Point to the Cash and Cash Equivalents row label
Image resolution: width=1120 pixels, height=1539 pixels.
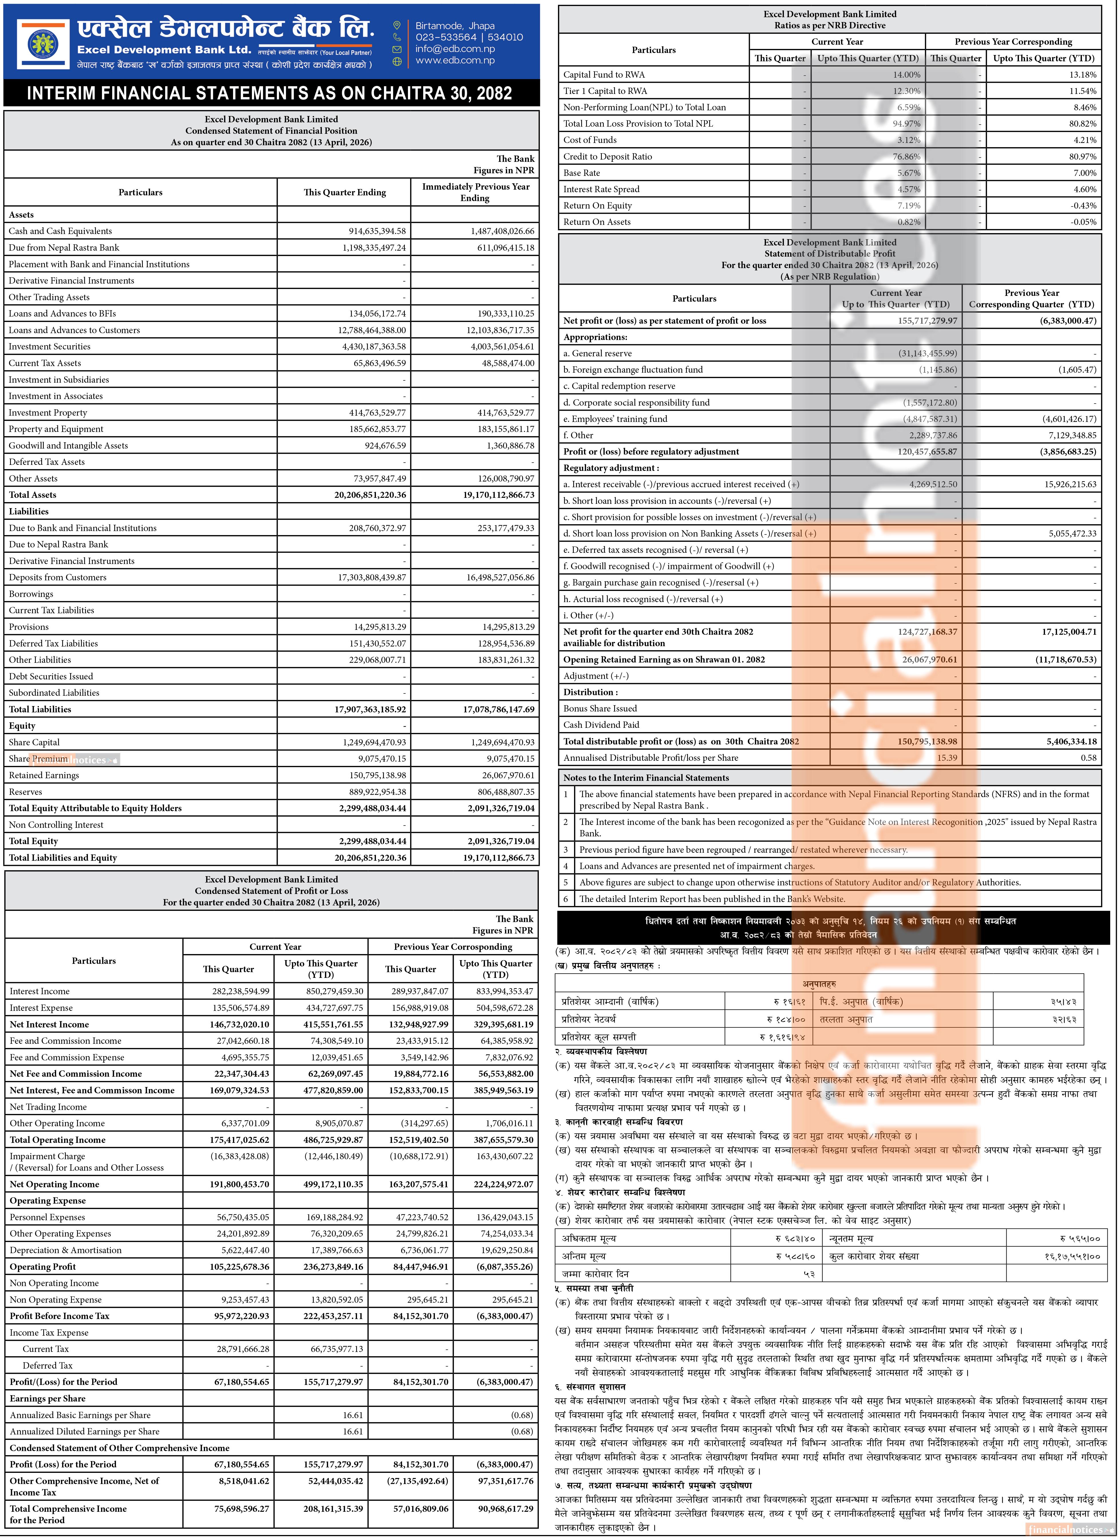[x=60, y=231]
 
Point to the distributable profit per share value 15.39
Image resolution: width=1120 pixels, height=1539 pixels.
[x=947, y=758]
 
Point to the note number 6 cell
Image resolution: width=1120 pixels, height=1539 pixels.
[x=566, y=899]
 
